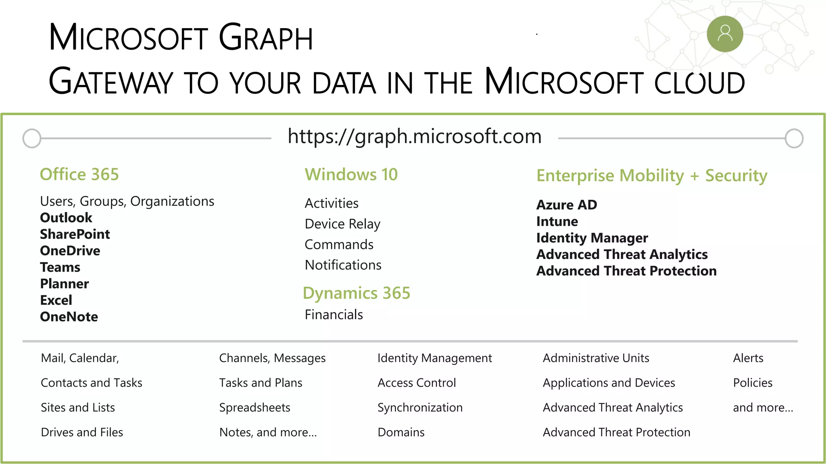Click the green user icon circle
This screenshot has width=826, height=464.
725,34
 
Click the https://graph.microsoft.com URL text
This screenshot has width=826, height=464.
414,137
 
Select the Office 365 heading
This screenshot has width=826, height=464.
79,174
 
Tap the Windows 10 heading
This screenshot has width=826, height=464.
351,174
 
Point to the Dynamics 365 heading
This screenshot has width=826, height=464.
356,293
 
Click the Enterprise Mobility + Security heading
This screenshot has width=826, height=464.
651,176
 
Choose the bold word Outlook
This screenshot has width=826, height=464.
66,217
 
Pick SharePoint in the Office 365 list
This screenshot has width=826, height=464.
75,234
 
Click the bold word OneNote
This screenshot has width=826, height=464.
69,317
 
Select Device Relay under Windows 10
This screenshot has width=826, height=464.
342,224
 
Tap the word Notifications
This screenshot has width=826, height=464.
343,265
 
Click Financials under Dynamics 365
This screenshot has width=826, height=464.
334,315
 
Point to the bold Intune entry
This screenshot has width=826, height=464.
557,222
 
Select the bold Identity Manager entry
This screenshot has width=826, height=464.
592,238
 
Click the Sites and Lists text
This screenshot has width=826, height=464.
78,408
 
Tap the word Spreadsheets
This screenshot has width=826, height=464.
254,408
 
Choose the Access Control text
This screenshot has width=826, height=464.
417,383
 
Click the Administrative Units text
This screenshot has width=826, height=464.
596,358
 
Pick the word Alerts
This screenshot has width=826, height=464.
748,358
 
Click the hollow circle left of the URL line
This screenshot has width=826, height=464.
32,139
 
